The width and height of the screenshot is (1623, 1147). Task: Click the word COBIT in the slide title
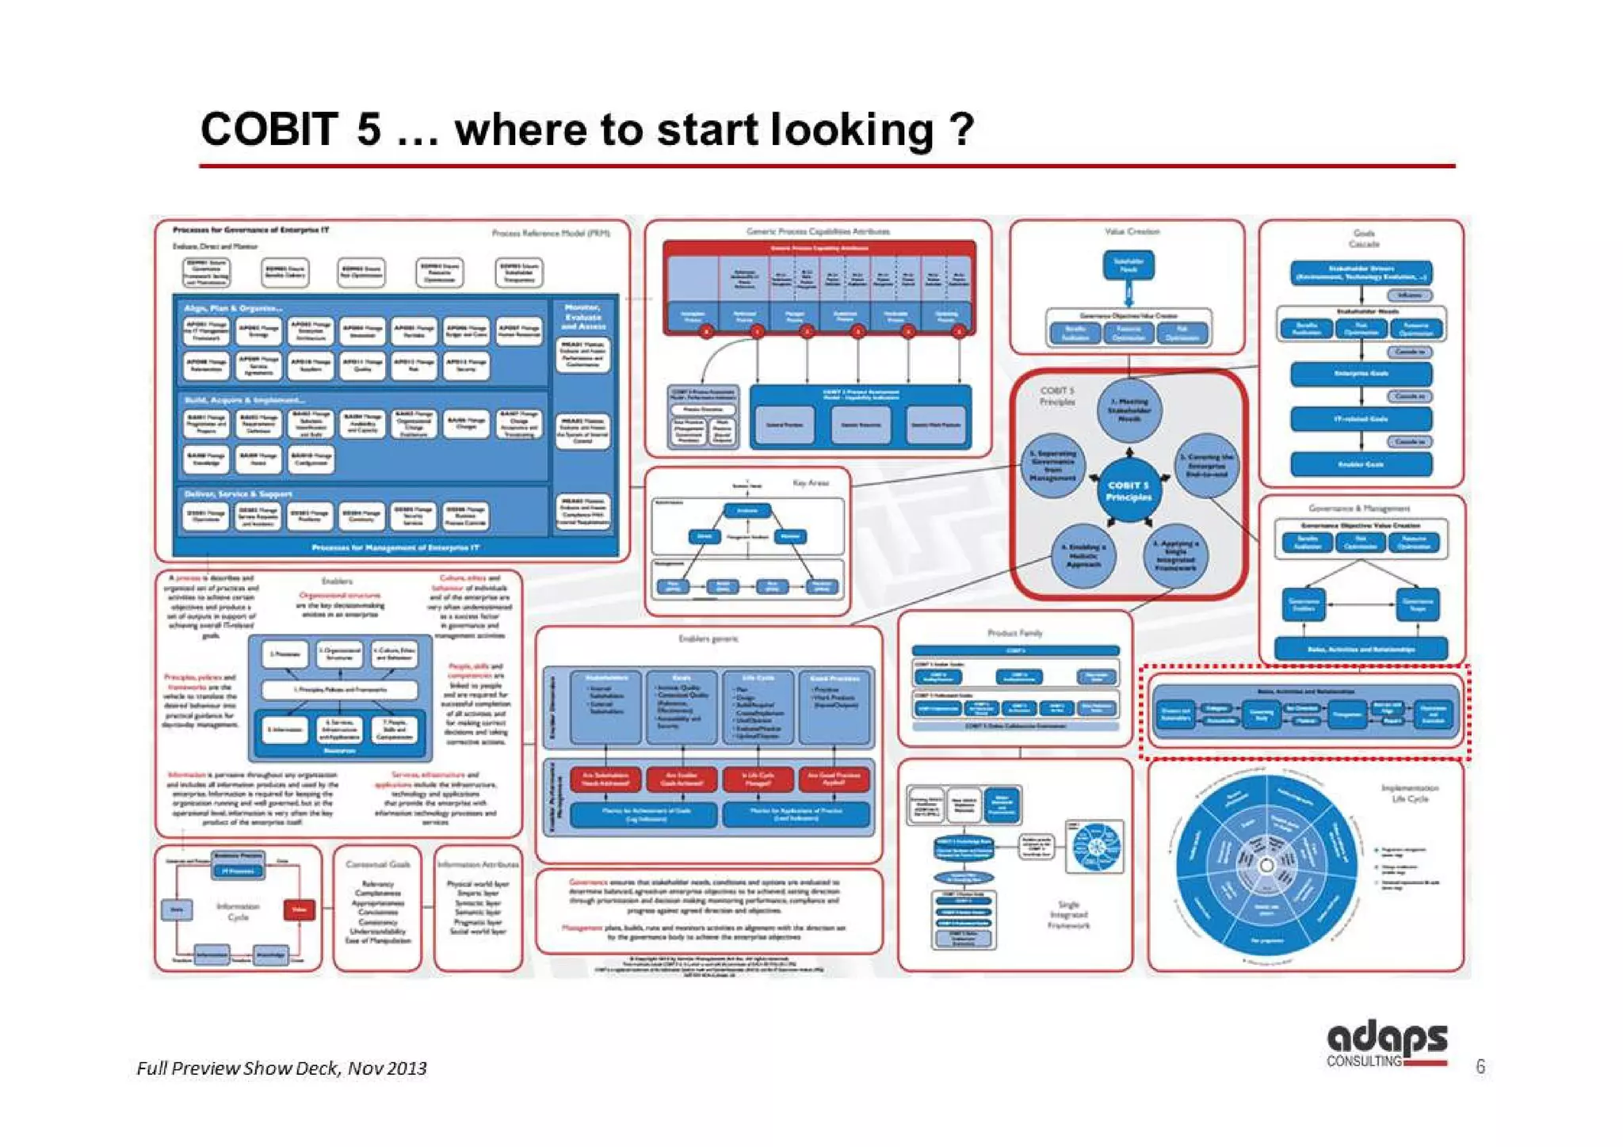(269, 129)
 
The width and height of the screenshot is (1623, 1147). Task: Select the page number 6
(1480, 1067)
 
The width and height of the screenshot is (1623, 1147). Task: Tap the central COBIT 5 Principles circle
(1128, 490)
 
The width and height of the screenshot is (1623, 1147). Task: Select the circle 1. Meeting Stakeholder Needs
(1129, 410)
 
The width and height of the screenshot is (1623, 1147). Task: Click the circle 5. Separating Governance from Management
(1052, 466)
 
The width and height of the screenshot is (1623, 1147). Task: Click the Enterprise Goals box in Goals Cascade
(1361, 373)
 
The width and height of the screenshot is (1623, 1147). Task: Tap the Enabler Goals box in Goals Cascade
(1361, 464)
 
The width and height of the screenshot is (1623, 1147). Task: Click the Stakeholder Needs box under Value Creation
(1128, 265)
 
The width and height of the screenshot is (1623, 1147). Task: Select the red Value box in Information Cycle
(299, 909)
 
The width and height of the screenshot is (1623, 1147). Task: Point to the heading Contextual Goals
(378, 864)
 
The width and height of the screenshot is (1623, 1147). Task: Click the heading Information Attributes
(478, 864)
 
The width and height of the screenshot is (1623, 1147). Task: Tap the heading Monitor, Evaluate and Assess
(582, 316)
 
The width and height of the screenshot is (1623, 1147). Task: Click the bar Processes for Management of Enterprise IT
(395, 547)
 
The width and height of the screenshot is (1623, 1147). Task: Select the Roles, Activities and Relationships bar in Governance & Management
(1361, 649)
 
